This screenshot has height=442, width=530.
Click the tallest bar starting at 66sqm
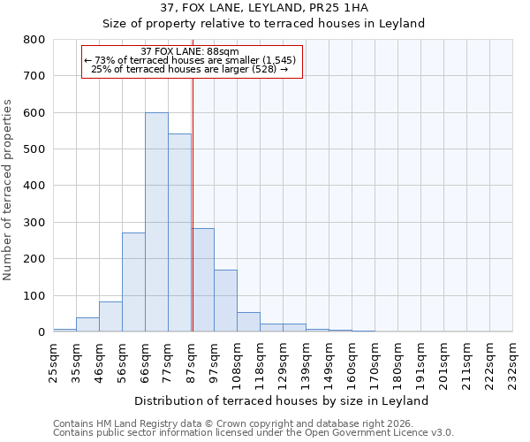(156, 222)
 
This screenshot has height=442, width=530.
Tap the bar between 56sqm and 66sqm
(133, 282)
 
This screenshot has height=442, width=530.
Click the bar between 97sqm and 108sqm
(225, 301)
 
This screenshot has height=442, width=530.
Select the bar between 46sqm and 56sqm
(110, 316)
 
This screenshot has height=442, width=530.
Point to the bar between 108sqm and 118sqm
(248, 322)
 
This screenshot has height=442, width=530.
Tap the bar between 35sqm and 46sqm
(87, 324)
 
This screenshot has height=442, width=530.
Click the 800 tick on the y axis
(34, 40)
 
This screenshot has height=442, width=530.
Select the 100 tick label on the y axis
(34, 295)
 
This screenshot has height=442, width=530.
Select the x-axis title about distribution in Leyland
(283, 400)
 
